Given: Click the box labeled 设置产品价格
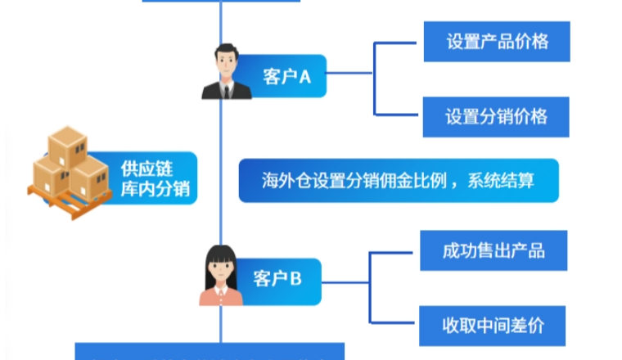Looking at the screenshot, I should pyautogui.click(x=497, y=41).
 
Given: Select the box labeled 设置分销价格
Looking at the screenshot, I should pyautogui.click(x=496, y=116).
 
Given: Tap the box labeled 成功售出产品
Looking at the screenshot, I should pyautogui.click(x=494, y=250).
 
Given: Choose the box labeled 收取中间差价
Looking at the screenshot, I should pyautogui.click(x=493, y=326).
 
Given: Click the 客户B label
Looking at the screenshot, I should pyautogui.click(x=277, y=278).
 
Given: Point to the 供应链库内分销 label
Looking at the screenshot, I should pyautogui.click(x=154, y=178).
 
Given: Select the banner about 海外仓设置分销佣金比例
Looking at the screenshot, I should pyautogui.click(x=399, y=181).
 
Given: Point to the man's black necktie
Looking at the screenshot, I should pyautogui.click(x=225, y=89).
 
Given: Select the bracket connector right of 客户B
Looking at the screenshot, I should pyautogui.click(x=371, y=287).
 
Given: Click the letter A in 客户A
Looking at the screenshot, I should pyautogui.click(x=305, y=77).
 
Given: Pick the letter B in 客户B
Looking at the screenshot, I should pyautogui.click(x=296, y=278).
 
